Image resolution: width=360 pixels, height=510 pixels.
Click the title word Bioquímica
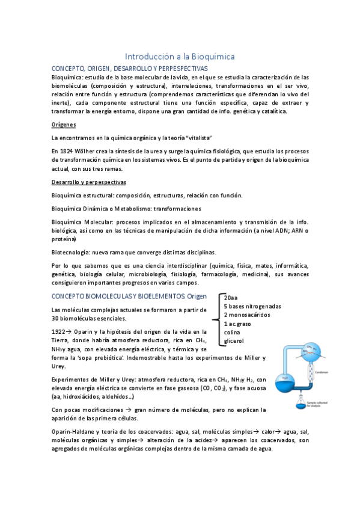pyautogui.click(x=209, y=56)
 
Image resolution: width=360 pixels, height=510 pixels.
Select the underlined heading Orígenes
pyautogui.click(x=63, y=124)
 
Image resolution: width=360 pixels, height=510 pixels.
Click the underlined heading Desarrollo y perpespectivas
pyautogui.click(x=88, y=182)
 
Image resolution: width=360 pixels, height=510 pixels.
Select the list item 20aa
pyautogui.click(x=230, y=298)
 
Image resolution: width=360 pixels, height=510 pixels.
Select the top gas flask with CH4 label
pyautogui.click(x=329, y=352)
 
